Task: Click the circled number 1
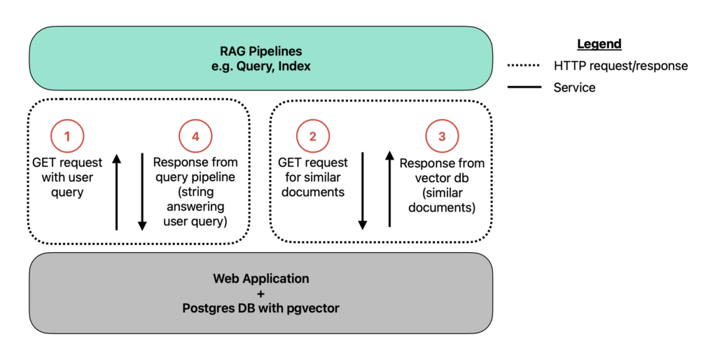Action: (67, 136)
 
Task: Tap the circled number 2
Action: (313, 136)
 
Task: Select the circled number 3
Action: (442, 136)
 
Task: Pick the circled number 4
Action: (195, 136)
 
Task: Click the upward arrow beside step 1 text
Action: (117, 192)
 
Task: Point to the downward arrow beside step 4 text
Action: (142, 192)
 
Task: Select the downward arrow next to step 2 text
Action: (363, 191)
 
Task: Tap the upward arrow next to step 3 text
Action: (389, 189)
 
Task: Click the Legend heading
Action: (599, 44)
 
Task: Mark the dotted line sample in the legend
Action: (524, 65)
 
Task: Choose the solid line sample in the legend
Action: (524, 86)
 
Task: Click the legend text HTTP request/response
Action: (620, 66)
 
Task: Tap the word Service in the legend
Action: (574, 88)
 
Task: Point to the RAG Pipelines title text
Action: (260, 51)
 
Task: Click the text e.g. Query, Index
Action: (260, 67)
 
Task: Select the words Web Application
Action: (260, 279)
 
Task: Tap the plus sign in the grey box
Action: (260, 293)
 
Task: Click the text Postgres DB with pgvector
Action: (260, 308)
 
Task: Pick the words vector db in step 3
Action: (442, 178)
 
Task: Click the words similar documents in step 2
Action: (313, 185)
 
